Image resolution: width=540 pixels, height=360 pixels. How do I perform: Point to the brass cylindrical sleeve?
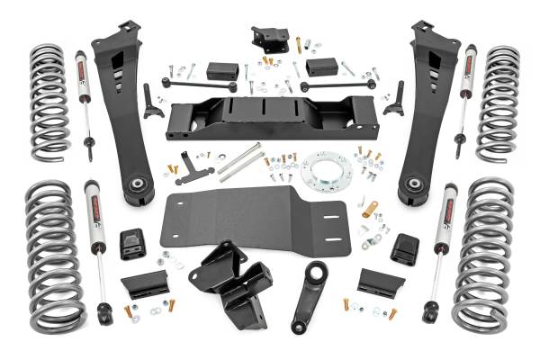coord(369,210)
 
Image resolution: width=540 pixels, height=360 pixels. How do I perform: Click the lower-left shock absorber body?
coord(94,216)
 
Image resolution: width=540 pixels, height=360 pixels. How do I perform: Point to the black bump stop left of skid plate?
coord(132,243)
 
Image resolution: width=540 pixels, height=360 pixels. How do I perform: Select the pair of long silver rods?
coord(240,163)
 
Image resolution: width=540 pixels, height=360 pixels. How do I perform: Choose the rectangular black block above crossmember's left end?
coord(221,70)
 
